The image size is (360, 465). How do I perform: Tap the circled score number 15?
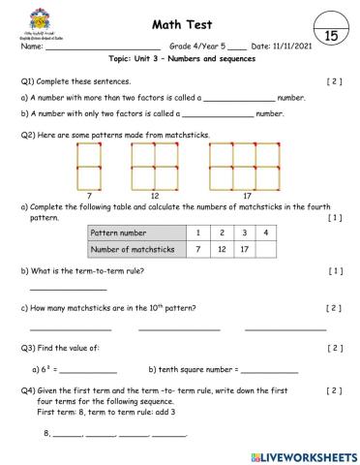pos(329,35)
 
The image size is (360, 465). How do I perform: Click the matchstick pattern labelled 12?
pos(155,165)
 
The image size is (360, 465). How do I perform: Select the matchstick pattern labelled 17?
pos(247,165)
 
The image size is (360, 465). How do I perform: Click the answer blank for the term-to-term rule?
pos(68,287)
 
